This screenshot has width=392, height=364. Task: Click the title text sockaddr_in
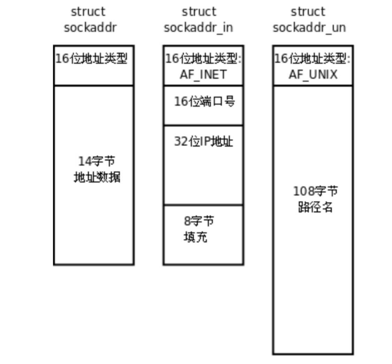198,28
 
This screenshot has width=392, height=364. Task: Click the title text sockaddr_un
309,28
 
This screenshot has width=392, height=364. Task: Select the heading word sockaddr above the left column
90,28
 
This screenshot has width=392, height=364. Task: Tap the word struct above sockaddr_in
199,12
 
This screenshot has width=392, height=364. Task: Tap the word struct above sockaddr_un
308,12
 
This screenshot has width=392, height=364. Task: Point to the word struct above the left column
88,12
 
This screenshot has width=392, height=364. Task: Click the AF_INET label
203,75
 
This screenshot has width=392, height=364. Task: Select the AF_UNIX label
313,75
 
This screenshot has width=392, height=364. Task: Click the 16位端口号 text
205,101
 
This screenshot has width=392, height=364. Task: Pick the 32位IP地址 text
203,141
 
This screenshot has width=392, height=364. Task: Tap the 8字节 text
199,221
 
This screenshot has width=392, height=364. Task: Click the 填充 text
195,237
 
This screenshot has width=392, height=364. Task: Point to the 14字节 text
97,161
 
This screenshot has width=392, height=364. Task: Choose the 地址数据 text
97,177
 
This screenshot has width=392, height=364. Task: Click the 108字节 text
315,191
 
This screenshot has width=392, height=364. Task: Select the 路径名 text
315,207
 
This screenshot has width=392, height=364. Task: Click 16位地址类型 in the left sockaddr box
92,59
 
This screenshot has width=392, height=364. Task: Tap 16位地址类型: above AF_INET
203,59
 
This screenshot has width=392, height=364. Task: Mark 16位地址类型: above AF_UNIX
312,59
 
